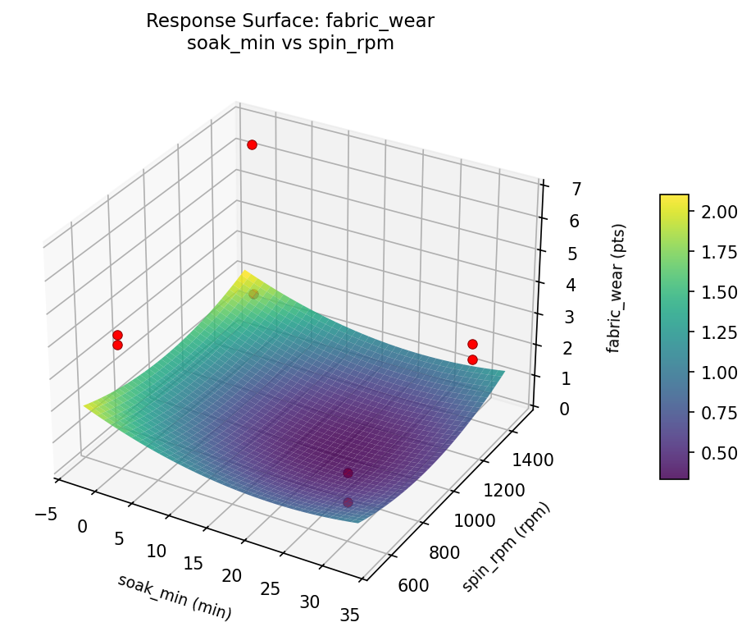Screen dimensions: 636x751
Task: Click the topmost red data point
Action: (252, 144)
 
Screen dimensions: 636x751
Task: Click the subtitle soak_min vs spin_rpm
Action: (290, 43)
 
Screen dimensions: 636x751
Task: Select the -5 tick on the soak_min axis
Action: (46, 514)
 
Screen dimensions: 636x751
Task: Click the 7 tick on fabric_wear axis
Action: (553, 190)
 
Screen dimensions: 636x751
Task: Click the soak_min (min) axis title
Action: (174, 597)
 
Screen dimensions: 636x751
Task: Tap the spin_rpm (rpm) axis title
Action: (505, 547)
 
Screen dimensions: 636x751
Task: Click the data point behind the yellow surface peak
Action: (253, 294)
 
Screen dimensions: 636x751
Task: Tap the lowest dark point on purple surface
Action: (348, 502)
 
